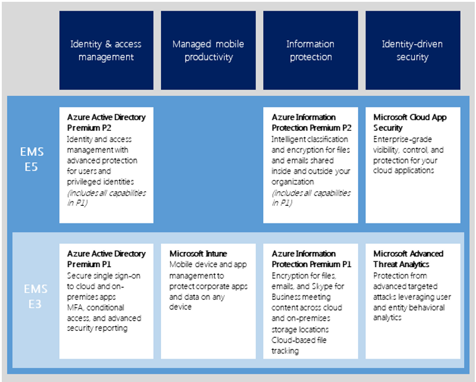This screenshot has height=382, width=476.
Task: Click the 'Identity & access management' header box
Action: coord(106,50)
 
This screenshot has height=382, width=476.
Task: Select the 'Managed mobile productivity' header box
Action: coord(208,50)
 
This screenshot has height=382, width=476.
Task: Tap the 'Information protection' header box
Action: coord(311,50)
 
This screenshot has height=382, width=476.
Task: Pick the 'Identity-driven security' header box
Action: coord(413,50)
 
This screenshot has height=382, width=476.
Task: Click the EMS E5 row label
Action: coord(32,159)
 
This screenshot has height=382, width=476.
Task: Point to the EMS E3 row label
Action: coord(35,296)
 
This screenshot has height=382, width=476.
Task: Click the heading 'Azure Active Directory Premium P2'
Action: coord(106,122)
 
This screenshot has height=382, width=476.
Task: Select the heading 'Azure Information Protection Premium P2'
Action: coord(311,122)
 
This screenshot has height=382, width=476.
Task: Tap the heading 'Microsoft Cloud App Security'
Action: coord(410,122)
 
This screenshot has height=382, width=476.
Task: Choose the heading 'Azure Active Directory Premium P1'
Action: coord(106,259)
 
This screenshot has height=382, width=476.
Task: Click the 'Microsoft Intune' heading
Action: coord(198,254)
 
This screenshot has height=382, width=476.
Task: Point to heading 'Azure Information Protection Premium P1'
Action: coord(311,259)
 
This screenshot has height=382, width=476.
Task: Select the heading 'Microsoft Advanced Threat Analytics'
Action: coord(408,259)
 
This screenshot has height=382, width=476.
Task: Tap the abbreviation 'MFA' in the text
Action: coord(75,307)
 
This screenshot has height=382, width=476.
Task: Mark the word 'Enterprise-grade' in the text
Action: coord(403,140)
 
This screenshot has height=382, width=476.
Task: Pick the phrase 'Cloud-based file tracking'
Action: coord(299,345)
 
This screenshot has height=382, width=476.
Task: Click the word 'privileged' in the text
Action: coord(82,182)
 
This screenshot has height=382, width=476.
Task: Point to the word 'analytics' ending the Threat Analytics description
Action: coord(388,318)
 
